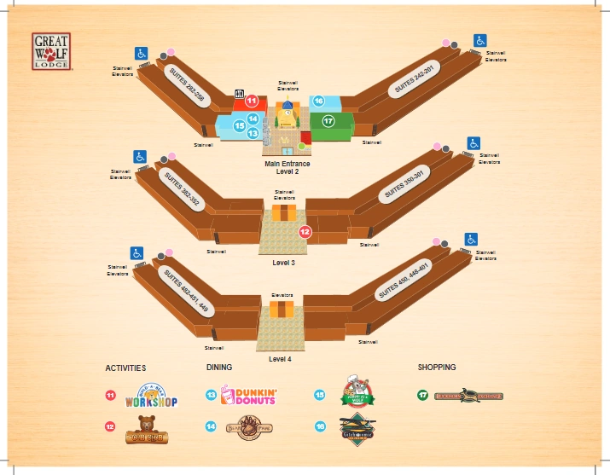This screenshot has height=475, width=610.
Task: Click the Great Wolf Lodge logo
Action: coord(52,50)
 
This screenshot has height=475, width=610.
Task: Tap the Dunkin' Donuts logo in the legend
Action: coord(250,395)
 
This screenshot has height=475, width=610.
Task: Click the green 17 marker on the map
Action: coord(328,121)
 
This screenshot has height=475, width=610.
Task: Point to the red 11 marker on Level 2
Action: coord(252,101)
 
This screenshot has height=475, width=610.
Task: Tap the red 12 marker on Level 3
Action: coord(305,231)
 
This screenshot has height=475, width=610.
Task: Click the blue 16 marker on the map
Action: coord(318,101)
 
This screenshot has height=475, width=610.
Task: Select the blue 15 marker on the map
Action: coord(240,126)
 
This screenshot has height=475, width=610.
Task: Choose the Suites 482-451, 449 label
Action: coord(185,291)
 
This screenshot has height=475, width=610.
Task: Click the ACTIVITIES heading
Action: coord(125,368)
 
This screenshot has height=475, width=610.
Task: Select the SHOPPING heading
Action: coord(436,368)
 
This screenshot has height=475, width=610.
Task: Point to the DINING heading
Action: coord(219,368)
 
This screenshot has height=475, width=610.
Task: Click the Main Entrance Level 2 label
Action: coord(287,167)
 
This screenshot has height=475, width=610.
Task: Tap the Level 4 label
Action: coord(281,359)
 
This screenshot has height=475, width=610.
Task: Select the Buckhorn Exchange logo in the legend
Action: coord(468,395)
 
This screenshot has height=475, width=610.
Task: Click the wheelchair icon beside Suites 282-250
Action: coord(141,53)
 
